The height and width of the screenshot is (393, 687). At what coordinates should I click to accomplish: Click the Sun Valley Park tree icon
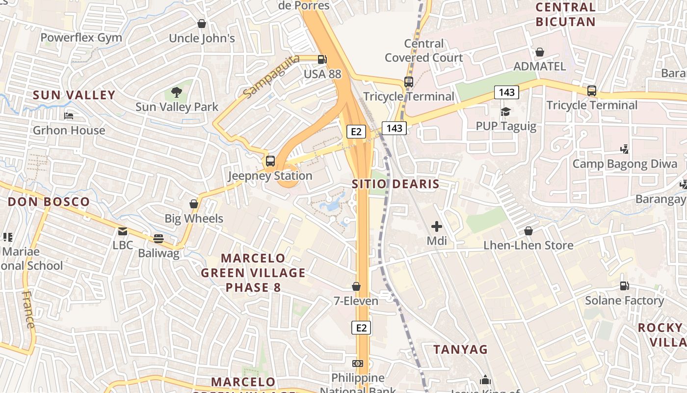(x=177, y=92)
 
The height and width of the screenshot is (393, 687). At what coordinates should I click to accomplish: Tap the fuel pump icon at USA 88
(x=322, y=59)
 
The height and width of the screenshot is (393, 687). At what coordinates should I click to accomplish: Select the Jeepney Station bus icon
(x=270, y=161)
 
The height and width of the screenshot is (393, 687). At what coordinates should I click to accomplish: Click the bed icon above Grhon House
(x=69, y=116)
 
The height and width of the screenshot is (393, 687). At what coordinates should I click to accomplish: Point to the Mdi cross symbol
(x=436, y=226)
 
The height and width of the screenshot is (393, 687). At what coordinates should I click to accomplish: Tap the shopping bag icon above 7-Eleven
(x=356, y=286)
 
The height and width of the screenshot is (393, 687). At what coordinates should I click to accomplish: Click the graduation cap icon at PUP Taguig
(x=505, y=112)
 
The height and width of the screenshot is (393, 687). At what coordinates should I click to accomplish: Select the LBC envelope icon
(x=122, y=231)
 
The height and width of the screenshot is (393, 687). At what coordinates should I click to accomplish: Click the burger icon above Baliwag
(x=158, y=239)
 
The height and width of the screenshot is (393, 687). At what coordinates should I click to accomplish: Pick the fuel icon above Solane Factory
(x=624, y=285)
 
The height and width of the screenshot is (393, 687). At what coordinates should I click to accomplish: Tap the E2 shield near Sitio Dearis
(x=356, y=131)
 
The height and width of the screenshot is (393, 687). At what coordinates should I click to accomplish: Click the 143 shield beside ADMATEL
(x=506, y=92)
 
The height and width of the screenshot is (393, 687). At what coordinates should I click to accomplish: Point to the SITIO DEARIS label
(x=396, y=184)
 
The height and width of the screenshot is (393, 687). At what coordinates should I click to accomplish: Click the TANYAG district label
(x=460, y=349)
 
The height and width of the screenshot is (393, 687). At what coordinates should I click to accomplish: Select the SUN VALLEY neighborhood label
(x=74, y=95)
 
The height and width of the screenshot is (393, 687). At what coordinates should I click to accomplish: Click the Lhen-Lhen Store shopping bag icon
(x=528, y=230)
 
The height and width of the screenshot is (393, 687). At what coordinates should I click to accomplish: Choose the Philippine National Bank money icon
(x=358, y=363)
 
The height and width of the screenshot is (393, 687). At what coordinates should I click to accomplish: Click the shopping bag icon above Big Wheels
(x=194, y=204)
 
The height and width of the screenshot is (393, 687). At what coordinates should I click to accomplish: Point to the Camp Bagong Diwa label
(x=625, y=164)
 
